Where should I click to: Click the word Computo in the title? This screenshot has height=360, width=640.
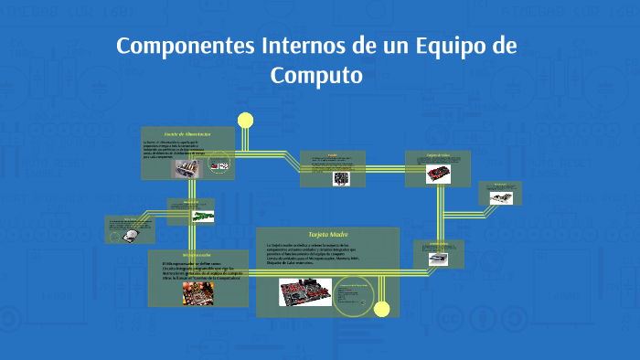(316, 75)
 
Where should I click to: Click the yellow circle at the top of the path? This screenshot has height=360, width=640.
(245, 120)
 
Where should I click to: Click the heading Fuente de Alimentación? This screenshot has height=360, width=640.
(187, 134)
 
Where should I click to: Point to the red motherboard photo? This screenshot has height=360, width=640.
(305, 292)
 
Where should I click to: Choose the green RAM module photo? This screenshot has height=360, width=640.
(202, 216)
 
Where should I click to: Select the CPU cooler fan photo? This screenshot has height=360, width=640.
(341, 178)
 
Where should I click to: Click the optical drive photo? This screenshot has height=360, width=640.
(438, 259)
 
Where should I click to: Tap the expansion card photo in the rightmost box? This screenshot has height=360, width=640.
(501, 196)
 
